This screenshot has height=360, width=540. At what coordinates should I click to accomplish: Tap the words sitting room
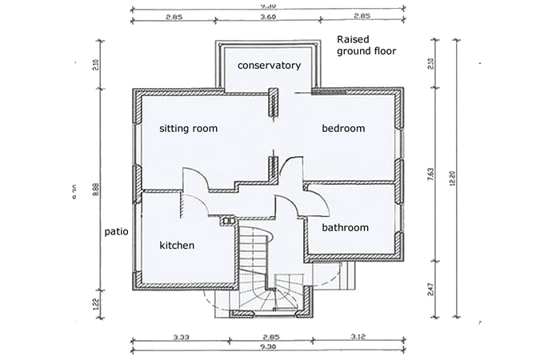(x=188, y=128)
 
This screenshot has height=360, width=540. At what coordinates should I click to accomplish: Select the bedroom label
(x=343, y=128)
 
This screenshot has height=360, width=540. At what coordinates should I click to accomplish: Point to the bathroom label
(x=345, y=228)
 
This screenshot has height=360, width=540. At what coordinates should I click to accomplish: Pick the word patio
(x=117, y=232)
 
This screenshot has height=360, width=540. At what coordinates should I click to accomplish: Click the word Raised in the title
(x=354, y=39)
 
